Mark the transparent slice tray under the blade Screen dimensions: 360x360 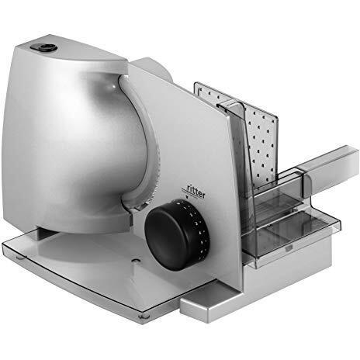(x=78, y=264)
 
